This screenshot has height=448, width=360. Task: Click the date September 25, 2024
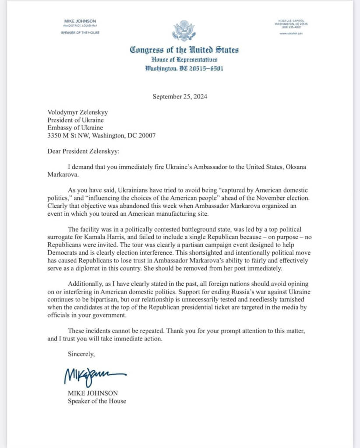pos(180,97)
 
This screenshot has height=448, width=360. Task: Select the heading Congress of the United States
pos(184,50)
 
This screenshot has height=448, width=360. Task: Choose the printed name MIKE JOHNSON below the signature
pos(87,393)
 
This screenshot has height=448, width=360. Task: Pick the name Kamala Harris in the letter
pos(107,237)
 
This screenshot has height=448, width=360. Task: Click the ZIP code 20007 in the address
pos(147,135)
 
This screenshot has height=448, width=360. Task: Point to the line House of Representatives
pos(184,59)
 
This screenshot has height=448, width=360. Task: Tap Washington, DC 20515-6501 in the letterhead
pos(184,69)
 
